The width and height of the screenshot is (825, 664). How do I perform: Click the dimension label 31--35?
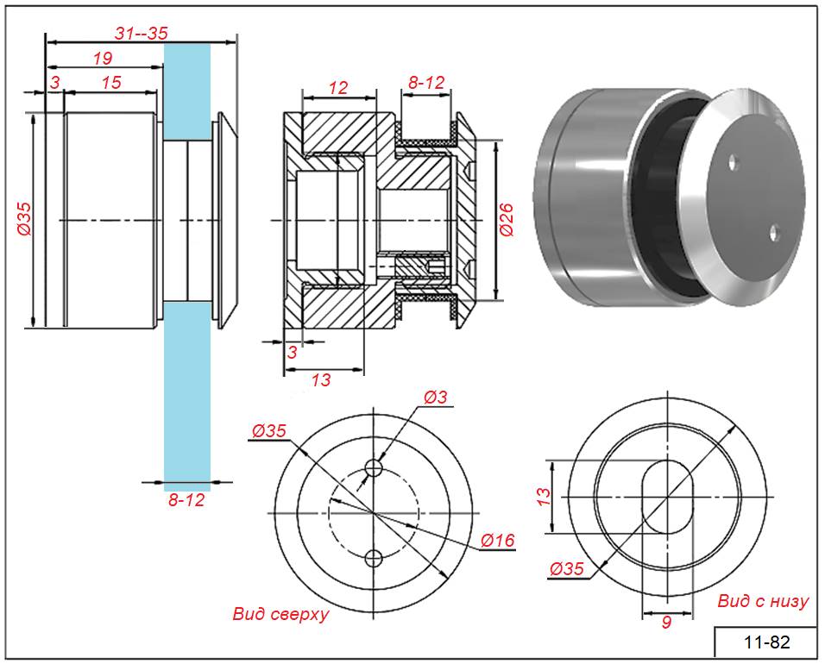141,33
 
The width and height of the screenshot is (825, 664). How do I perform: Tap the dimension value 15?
111,82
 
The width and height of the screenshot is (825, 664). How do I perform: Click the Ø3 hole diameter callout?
437,398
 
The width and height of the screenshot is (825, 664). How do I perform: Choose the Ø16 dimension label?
497,541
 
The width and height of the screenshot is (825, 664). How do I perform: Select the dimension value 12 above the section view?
338,87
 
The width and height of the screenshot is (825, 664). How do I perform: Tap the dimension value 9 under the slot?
665,622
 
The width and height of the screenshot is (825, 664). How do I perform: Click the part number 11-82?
766,642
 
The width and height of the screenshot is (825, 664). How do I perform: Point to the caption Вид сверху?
280,615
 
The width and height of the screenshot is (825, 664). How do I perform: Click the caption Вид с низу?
763,602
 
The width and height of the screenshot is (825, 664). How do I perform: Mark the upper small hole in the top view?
374,467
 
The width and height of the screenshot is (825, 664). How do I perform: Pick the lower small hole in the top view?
374,557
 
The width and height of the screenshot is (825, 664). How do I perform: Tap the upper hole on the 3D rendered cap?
733,161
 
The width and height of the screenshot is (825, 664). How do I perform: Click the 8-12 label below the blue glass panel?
186,499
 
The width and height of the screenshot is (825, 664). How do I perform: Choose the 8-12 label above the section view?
426,83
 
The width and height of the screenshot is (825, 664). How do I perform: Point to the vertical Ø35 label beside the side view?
24,221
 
